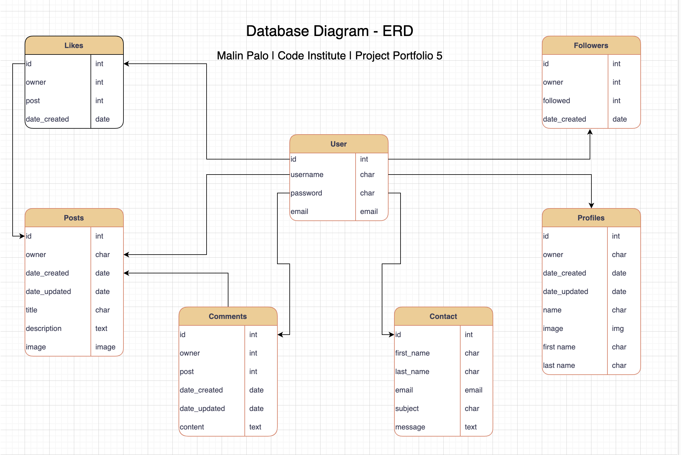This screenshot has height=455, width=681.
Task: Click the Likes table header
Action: [x=74, y=46]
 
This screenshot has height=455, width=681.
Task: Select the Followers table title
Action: [x=591, y=46]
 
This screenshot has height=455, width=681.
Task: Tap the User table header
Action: [x=338, y=144]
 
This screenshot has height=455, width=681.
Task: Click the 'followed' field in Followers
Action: [x=556, y=101]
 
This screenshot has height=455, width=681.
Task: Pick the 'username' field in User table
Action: [x=307, y=175]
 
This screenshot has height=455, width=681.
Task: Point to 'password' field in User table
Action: [x=306, y=193]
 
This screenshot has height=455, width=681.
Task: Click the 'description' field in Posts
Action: [x=44, y=328]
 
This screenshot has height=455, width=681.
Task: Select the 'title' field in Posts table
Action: [x=32, y=310]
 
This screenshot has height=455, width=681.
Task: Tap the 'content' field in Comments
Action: [x=192, y=427]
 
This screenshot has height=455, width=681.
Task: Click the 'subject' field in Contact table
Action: [x=407, y=409]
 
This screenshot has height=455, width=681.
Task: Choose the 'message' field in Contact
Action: [x=410, y=427]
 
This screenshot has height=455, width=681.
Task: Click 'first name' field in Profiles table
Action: [x=559, y=347]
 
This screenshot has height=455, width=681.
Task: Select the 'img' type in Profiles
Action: [x=618, y=328]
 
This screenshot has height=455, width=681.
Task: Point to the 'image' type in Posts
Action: [x=105, y=347]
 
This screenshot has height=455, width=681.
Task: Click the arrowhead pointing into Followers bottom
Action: [x=590, y=132]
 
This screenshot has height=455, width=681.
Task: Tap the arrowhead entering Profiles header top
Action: [x=591, y=206]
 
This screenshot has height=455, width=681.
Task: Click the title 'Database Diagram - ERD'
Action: [x=329, y=31]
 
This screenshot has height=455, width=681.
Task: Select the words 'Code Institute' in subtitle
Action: [x=312, y=56]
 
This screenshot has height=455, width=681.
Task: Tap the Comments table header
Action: [x=228, y=316]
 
